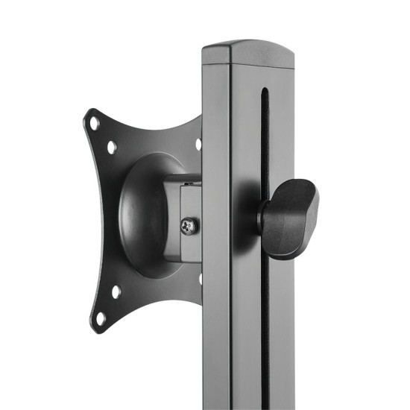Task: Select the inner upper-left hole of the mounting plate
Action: click(112, 148)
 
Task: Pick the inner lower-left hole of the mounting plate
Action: click(116, 291)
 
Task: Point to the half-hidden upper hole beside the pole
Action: click(198, 145)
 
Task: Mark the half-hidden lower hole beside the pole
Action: click(200, 280)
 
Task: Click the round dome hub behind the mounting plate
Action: click(145, 216)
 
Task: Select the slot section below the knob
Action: click(263, 328)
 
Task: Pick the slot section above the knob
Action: click(263, 149)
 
